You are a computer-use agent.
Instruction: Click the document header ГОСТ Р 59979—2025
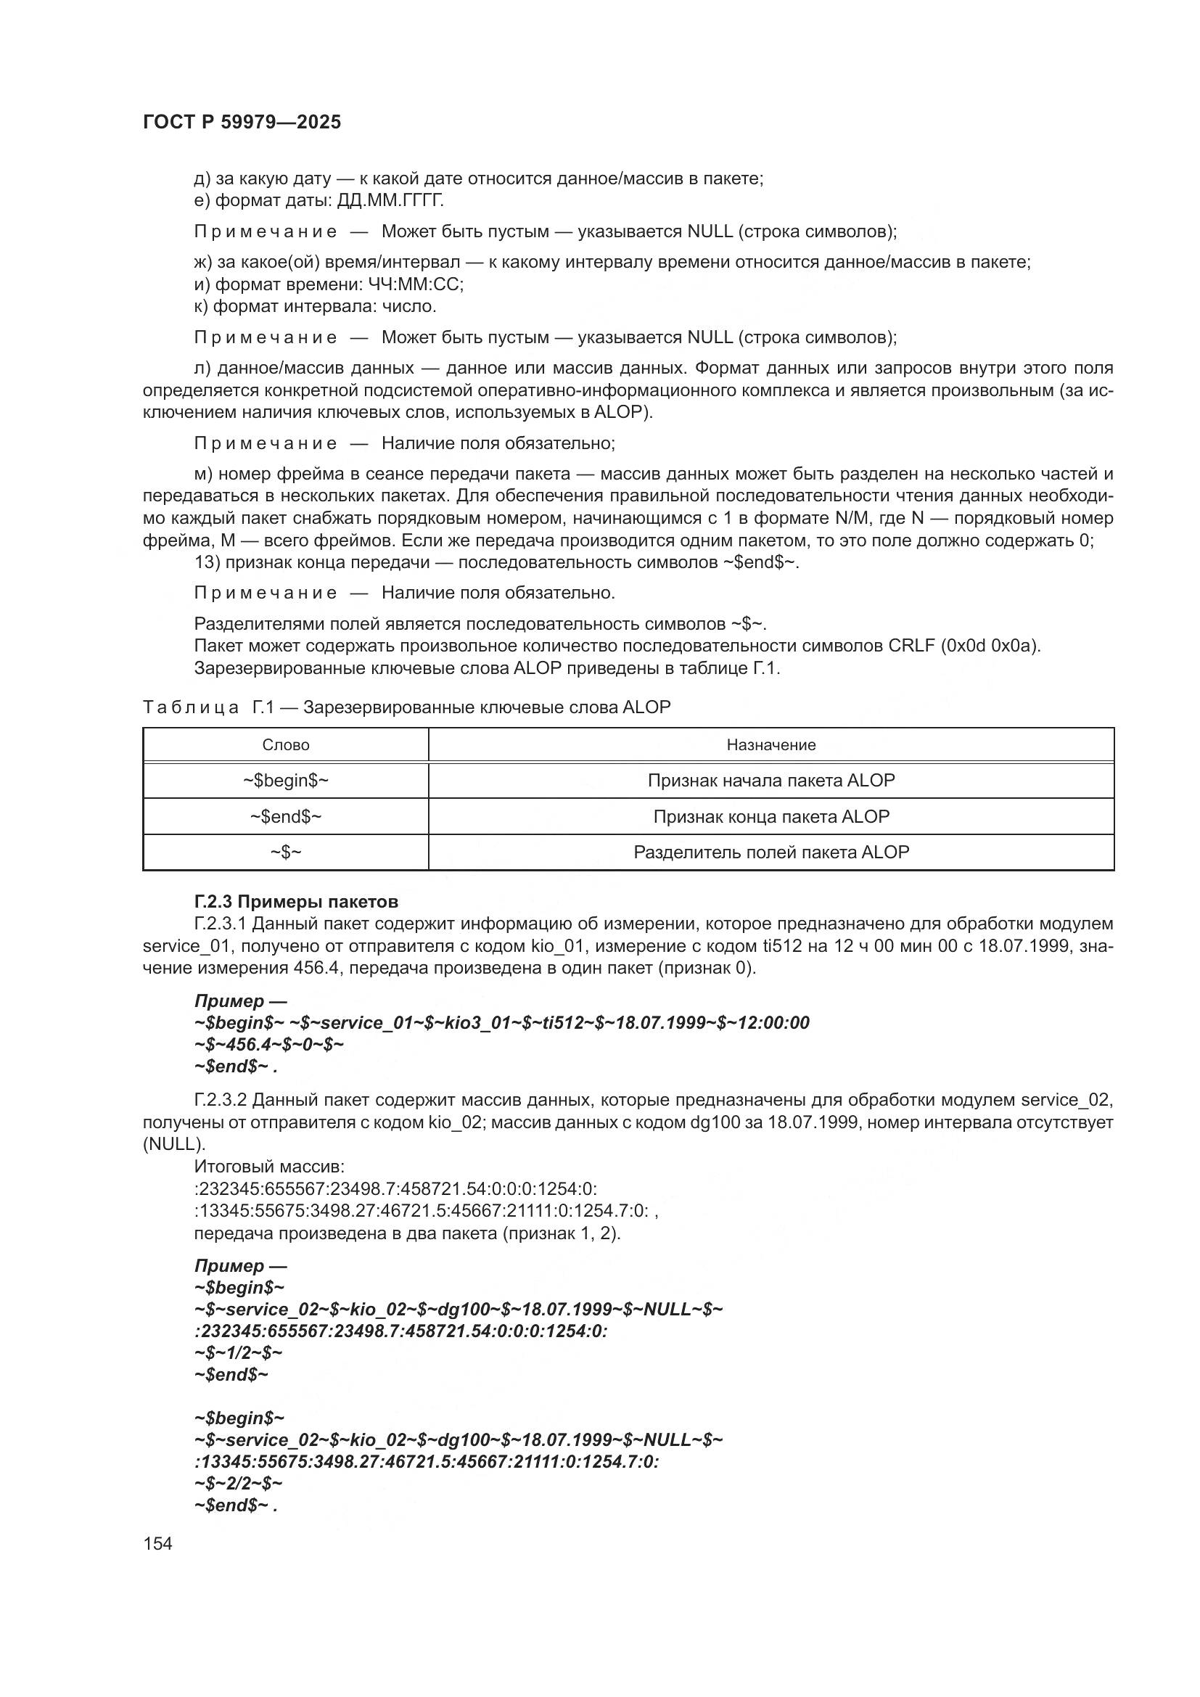click(x=242, y=123)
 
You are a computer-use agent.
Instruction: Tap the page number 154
click(x=157, y=1543)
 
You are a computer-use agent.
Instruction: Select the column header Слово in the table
click(x=285, y=745)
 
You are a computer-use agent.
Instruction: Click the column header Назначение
click(x=770, y=745)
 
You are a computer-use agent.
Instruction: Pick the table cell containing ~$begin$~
click(x=285, y=781)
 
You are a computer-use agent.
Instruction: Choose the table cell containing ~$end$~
click(x=285, y=817)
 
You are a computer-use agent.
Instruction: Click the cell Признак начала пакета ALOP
click(x=770, y=781)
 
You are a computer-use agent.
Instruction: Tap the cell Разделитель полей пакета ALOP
click(x=770, y=852)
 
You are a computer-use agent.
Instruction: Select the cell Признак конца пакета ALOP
click(x=770, y=817)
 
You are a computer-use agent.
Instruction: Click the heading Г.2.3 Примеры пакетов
click(x=296, y=902)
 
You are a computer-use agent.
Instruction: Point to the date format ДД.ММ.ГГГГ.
click(x=390, y=201)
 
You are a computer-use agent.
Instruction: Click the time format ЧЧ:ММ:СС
click(x=415, y=284)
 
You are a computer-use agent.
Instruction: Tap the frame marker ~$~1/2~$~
click(x=239, y=1352)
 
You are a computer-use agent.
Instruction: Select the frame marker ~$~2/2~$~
click(x=239, y=1484)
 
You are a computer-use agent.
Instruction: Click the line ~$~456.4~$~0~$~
click(x=269, y=1044)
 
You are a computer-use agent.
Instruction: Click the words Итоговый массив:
click(x=269, y=1167)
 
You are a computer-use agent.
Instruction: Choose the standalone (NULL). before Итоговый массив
click(x=173, y=1144)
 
